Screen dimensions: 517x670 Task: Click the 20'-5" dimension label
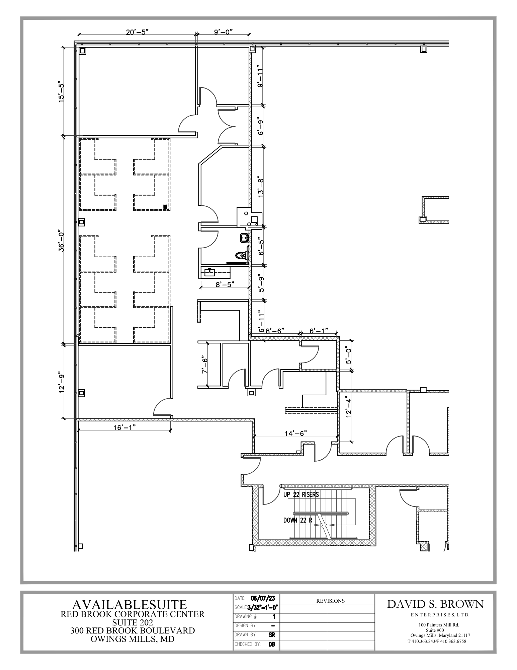pos(137,32)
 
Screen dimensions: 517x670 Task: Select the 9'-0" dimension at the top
pos(223,32)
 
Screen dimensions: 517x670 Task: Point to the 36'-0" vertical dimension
pos(61,240)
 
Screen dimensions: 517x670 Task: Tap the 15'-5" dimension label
pos(61,91)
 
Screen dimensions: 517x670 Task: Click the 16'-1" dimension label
pos(124,427)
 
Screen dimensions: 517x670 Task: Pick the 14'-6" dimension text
pos(296,433)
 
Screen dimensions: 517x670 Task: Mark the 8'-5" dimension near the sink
pos(225,284)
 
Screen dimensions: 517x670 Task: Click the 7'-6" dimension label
pos(204,365)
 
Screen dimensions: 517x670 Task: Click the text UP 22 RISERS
pos(301,494)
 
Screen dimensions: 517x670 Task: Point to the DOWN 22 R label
pos(298,520)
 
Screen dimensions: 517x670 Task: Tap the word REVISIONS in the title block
pos(330,601)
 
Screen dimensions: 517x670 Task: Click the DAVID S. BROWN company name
pos(435,604)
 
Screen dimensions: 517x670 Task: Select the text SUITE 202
pos(133,622)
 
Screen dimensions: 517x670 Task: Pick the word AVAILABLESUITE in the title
pos(130,605)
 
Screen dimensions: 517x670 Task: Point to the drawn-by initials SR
pos(271,634)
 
